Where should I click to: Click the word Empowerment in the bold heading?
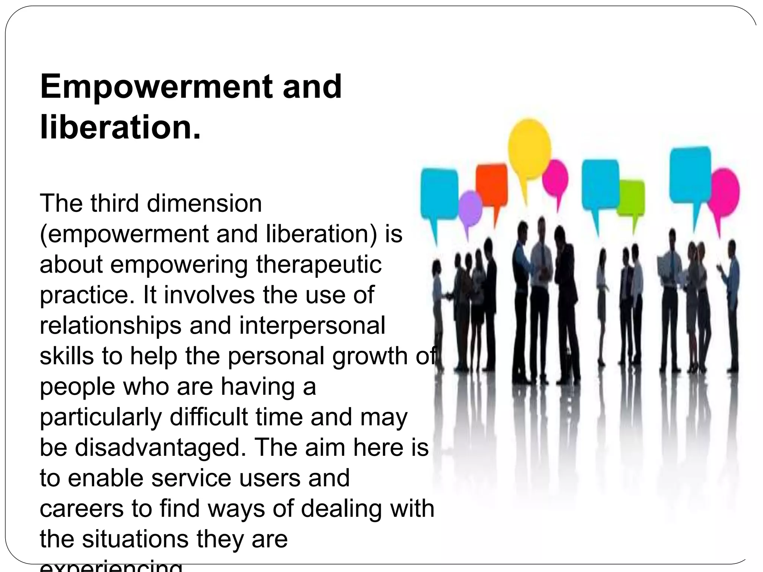click(x=157, y=87)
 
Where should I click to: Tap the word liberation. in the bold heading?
click(x=120, y=128)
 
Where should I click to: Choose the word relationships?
click(x=110, y=325)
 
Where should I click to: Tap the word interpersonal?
click(x=312, y=325)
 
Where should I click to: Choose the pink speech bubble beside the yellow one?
click(x=555, y=179)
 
